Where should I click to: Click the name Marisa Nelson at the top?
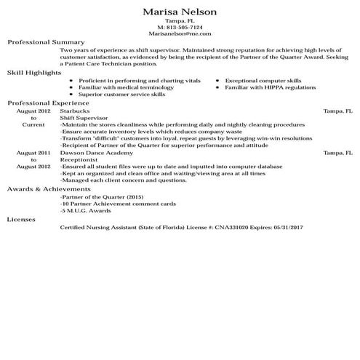pos(180,13)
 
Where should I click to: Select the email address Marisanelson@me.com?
pos(180,33)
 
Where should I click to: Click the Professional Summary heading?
pos(46,42)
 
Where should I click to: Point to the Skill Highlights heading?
pos(35,73)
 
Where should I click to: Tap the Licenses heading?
pos(21,218)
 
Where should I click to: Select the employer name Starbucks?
pos(74,111)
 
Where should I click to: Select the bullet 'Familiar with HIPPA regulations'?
pos(260,87)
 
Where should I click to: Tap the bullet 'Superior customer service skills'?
pos(121,95)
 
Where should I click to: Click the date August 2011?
pos(33,153)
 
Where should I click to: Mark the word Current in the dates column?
pos(33,124)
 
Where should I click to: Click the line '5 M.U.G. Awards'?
pos(81,209)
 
